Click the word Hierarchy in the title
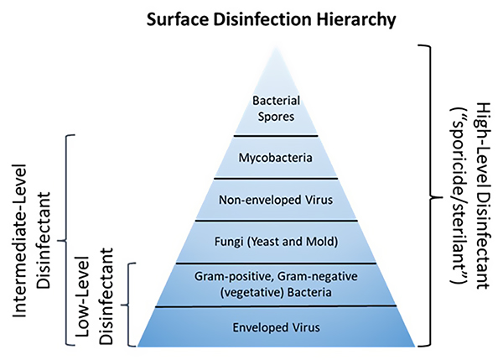pyautogui.click(x=356, y=19)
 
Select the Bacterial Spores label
pyautogui.click(x=276, y=108)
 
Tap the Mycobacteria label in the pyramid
pyautogui.click(x=276, y=158)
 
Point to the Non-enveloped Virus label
pyautogui.click(x=276, y=200)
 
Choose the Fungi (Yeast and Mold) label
pyautogui.click(x=276, y=241)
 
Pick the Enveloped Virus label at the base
pyautogui.click(x=276, y=327)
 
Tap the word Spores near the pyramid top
pyautogui.click(x=276, y=117)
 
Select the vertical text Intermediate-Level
pyautogui.click(x=19, y=241)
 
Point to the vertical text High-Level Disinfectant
pyautogui.click(x=482, y=196)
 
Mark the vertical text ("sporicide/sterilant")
pyautogui.click(x=459, y=196)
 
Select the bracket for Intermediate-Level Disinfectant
pyautogui.click(x=65, y=240)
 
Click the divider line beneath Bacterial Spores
pyautogui.click(x=276, y=136)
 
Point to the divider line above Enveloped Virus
pyautogui.click(x=276, y=306)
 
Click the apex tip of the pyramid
pyautogui.click(x=276, y=47)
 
